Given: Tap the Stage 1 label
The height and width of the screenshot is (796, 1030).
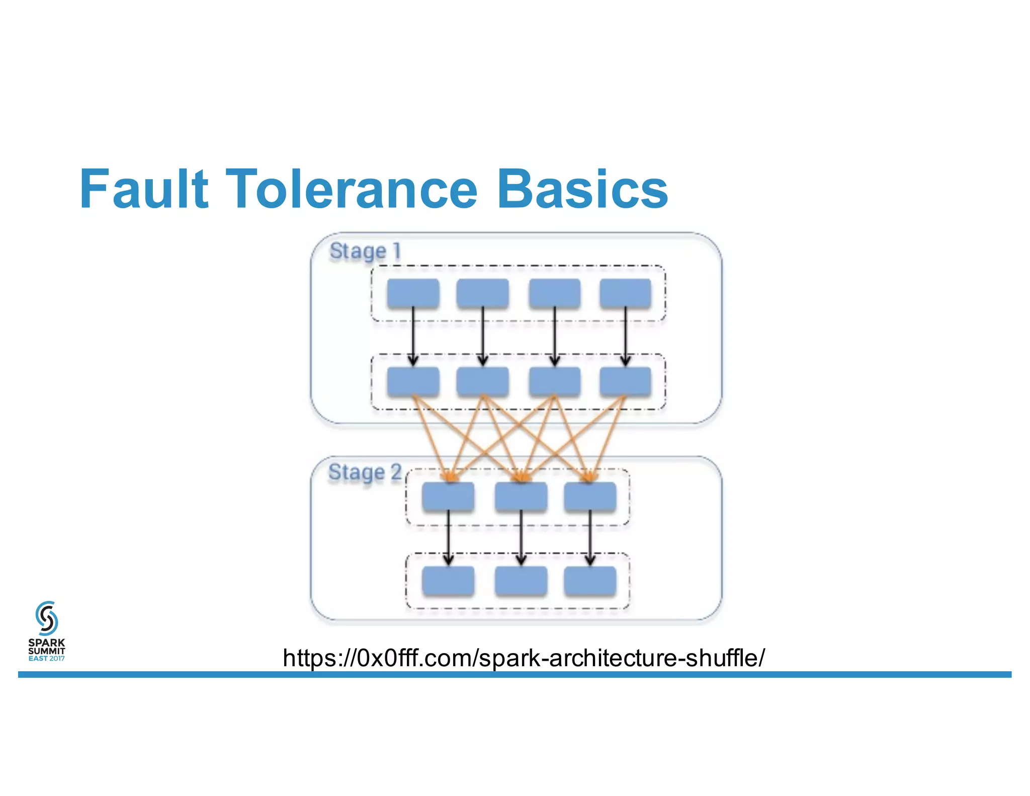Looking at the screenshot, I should (365, 251).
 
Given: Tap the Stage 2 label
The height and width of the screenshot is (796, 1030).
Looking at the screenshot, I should (365, 472).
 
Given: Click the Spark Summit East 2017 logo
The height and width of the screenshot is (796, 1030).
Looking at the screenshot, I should (46, 631).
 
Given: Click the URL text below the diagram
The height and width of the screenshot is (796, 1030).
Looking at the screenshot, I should (524, 658).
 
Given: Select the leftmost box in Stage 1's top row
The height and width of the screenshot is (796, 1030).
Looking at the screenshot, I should (413, 293).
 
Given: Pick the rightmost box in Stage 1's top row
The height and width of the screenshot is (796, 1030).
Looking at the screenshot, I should (625, 293).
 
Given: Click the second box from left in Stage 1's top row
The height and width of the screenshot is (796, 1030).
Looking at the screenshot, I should (482, 293).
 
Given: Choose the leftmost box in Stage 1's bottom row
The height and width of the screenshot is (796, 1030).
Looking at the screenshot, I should (413, 381).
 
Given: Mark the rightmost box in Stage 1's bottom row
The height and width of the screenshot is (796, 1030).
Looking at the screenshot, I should (625, 381).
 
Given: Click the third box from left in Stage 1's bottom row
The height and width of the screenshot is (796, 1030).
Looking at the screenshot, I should (554, 381).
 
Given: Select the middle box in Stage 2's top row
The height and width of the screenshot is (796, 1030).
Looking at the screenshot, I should (521, 497).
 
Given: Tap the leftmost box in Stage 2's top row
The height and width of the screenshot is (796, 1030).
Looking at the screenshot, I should (448, 497).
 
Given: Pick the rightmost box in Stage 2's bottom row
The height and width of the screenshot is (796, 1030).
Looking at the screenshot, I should (590, 581).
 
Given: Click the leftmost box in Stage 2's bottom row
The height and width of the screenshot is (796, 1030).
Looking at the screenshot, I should (448, 581).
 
